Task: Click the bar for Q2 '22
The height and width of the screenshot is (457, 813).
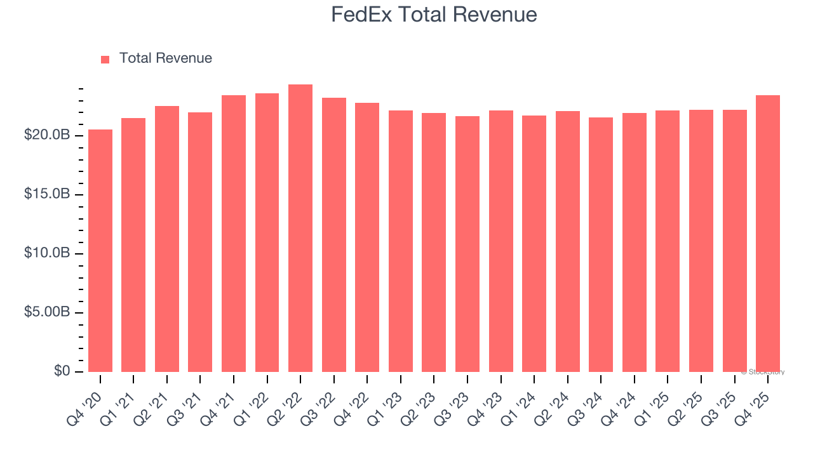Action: point(300,228)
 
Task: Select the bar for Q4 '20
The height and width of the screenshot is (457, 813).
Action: point(100,251)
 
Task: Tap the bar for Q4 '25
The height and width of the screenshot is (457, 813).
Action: point(767,234)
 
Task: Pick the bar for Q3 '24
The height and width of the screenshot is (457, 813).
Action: point(601,244)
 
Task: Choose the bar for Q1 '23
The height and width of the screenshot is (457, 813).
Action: point(401,241)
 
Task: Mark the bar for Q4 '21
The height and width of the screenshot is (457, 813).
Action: point(234,234)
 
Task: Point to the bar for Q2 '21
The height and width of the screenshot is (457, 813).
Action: point(167,239)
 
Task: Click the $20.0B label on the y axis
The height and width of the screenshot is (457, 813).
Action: point(47,135)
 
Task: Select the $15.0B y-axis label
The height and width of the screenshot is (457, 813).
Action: point(47,194)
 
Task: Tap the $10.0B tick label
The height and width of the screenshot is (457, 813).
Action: point(47,253)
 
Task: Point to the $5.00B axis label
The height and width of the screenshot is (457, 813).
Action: point(47,312)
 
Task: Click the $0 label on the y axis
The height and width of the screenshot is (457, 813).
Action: point(62,371)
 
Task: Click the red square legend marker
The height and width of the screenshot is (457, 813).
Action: point(105,59)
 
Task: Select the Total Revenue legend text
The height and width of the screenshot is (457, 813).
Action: point(165,58)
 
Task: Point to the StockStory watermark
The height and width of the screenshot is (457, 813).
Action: point(762,372)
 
